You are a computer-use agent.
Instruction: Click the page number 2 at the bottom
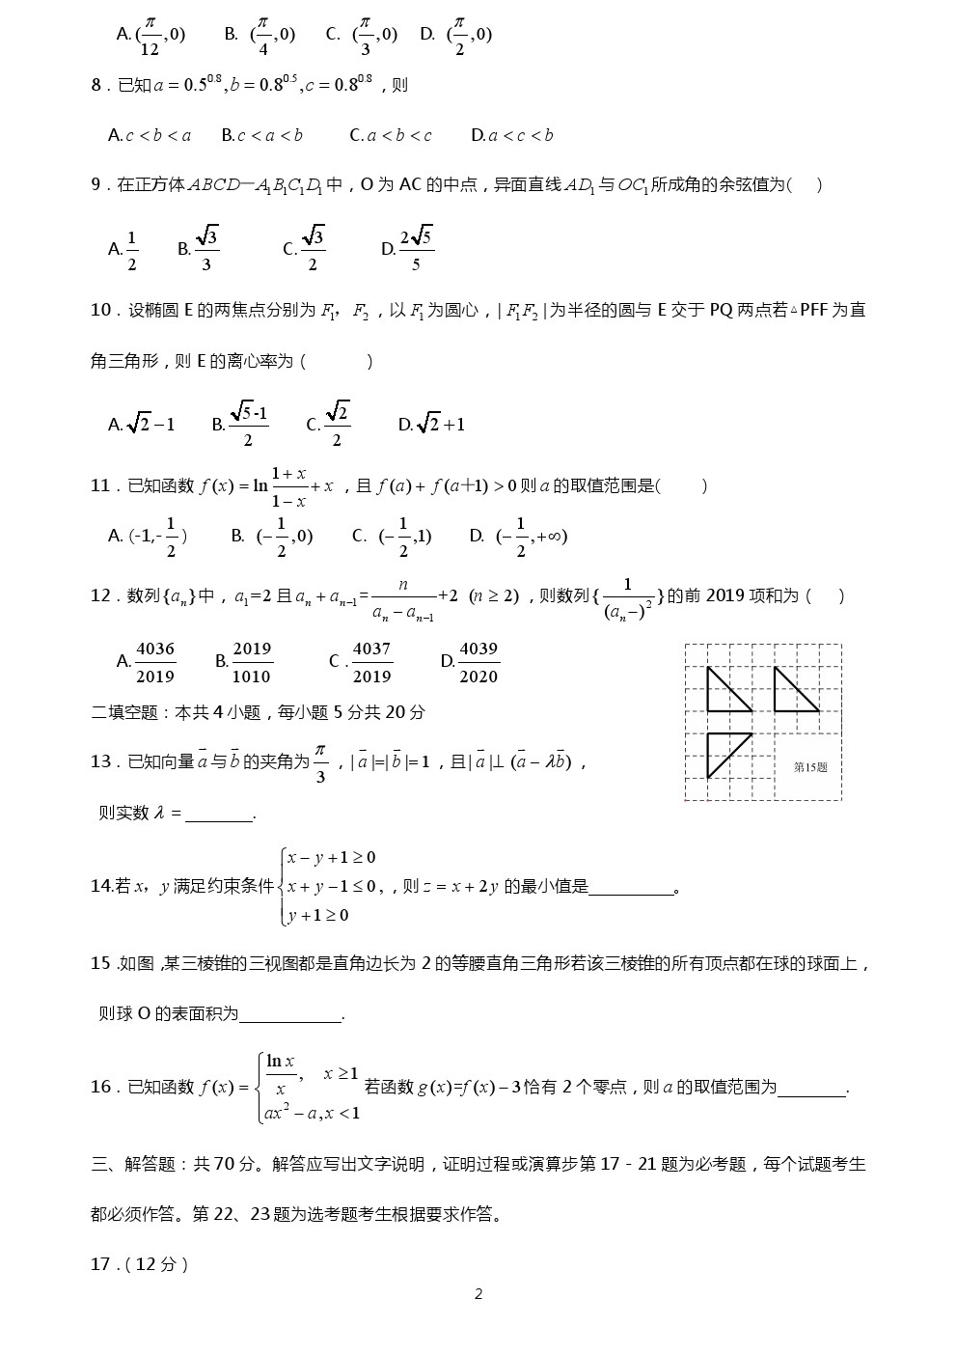point(478,1294)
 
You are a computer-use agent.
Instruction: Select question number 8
point(96,86)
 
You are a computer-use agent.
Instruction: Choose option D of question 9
point(408,249)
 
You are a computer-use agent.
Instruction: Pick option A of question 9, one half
point(123,250)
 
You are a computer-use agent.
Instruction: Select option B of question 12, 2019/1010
point(244,662)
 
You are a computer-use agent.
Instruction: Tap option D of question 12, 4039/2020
point(470,662)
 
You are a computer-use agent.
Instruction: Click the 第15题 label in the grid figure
point(810,767)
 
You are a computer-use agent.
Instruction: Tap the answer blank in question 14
point(631,888)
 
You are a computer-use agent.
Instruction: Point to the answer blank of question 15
point(289,1015)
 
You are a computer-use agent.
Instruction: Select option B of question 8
point(261,136)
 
